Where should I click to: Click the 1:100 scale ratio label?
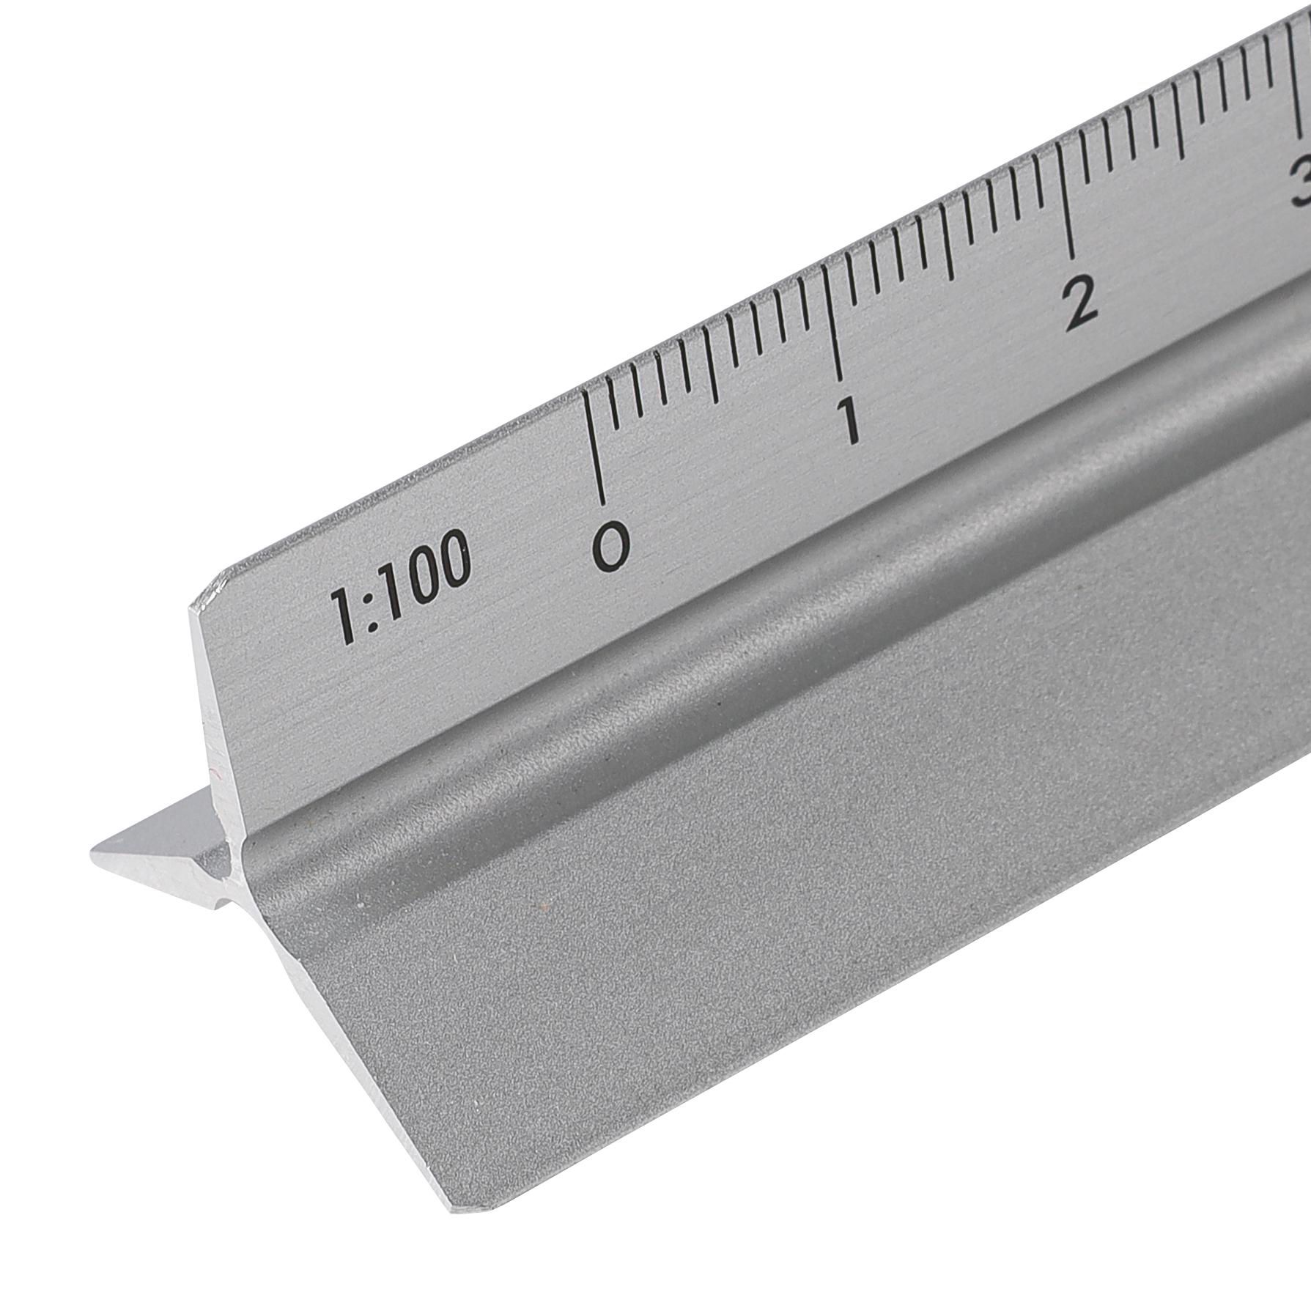coord(400,586)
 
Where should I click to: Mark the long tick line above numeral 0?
coord(595,447)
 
